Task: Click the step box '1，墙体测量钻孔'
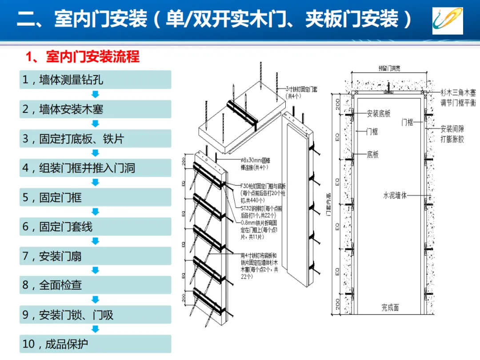click(x=95, y=80)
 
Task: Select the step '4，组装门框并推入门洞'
click(x=95, y=168)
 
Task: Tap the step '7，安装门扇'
click(x=95, y=256)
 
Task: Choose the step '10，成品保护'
click(x=95, y=344)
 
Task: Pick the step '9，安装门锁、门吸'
click(x=95, y=315)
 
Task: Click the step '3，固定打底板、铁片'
click(x=95, y=139)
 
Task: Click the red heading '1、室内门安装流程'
click(x=83, y=57)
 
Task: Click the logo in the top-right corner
click(x=448, y=20)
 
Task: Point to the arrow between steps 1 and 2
click(x=95, y=94)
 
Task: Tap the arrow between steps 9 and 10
click(x=95, y=329)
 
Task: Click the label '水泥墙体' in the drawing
click(x=395, y=195)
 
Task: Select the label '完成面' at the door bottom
click(x=390, y=307)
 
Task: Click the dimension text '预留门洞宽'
click(x=389, y=68)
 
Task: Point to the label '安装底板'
click(x=379, y=114)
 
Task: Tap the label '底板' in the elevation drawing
click(x=372, y=155)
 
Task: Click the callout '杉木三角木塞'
click(x=458, y=92)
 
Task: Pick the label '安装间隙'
click(x=452, y=129)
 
